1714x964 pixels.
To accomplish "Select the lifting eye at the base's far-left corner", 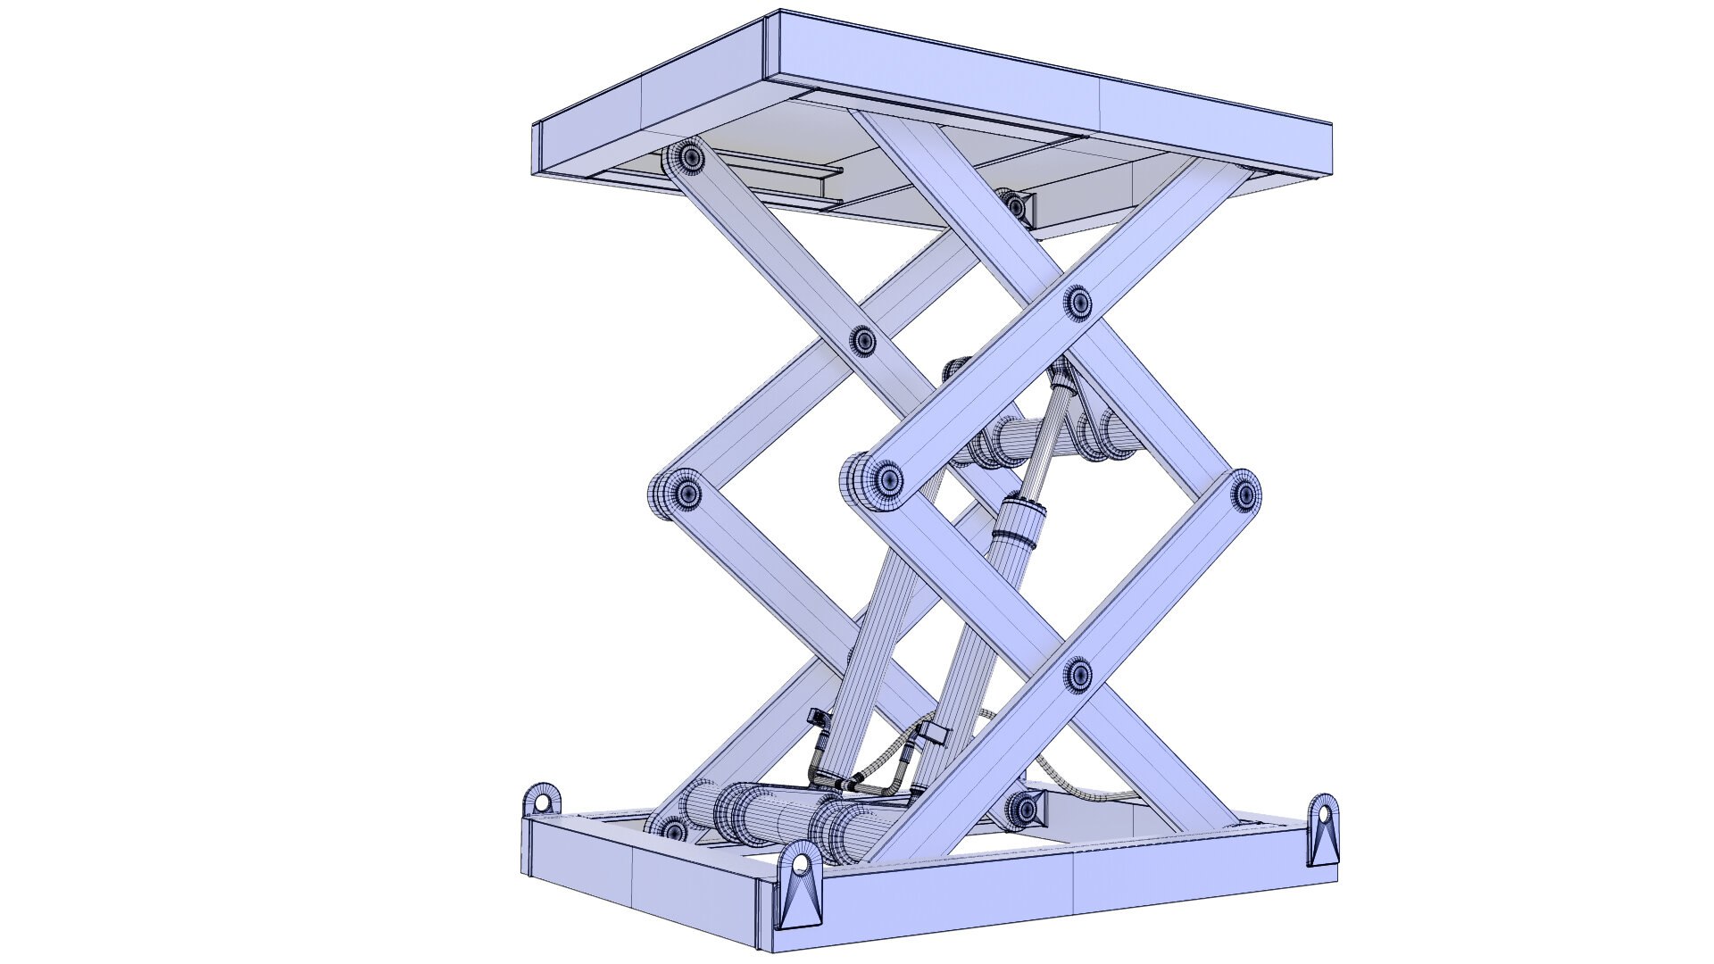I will pos(542,802).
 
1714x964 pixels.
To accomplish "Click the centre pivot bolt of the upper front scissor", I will pos(1078,302).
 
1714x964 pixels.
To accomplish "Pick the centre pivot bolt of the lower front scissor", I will pos(1078,675).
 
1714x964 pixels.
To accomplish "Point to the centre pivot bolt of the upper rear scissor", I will pos(862,340).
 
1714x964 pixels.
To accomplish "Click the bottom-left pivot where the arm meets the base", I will pos(671,831).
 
